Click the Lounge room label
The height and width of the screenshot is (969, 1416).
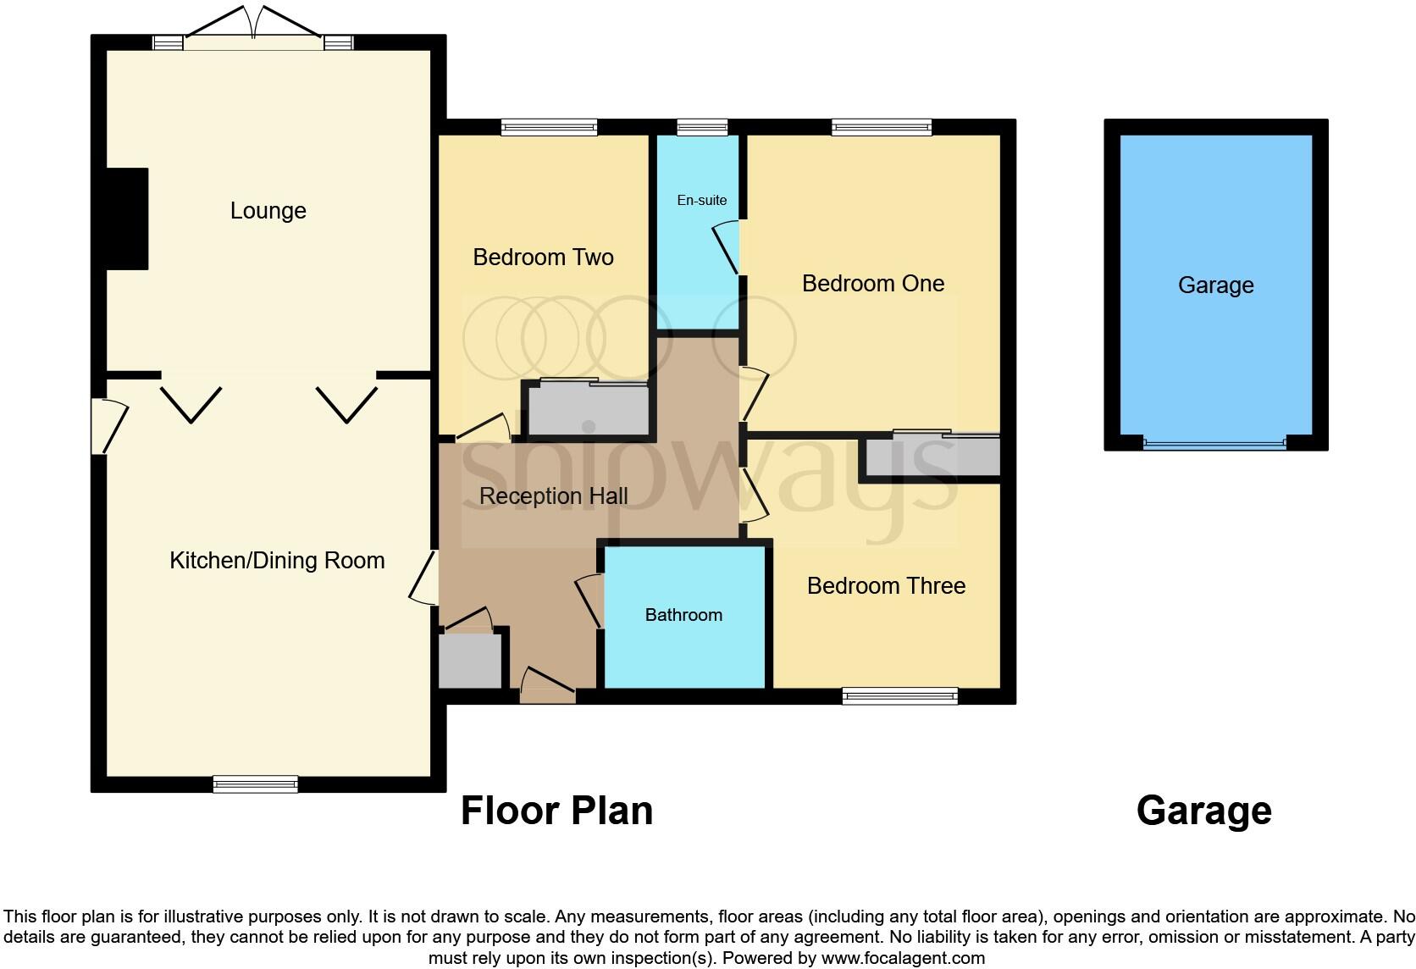click(x=268, y=211)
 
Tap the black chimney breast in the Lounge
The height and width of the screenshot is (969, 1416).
click(x=127, y=219)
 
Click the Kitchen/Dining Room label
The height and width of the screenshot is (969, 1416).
click(x=277, y=561)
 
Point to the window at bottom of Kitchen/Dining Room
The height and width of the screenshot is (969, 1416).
click(x=255, y=784)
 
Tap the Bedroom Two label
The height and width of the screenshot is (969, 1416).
click(x=543, y=257)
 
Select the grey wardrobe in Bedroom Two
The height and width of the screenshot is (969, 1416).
click(x=588, y=411)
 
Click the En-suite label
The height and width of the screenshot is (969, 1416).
click(x=702, y=201)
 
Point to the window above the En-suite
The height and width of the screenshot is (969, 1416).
click(x=702, y=128)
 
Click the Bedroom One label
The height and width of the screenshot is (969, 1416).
click(x=873, y=284)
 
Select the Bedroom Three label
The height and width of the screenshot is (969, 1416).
click(x=886, y=586)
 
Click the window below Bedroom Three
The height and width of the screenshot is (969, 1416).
click(x=899, y=696)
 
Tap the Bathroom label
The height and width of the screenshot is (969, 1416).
click(x=683, y=616)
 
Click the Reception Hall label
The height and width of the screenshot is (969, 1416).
click(x=553, y=496)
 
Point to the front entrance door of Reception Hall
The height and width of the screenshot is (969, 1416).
click(x=548, y=686)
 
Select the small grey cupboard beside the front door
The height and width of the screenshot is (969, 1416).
click(x=469, y=661)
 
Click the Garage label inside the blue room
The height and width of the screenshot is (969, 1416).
click(x=1215, y=285)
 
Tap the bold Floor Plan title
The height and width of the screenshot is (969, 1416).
click(x=556, y=811)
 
